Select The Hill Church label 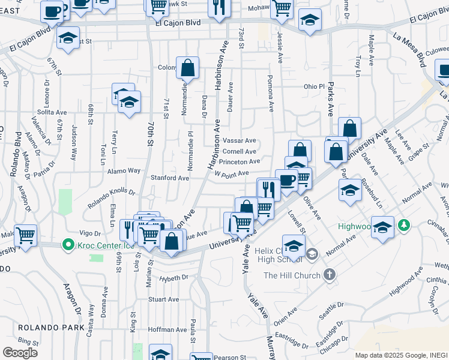tap(293, 275)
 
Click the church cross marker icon tap(328, 275)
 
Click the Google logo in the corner tap(20, 352)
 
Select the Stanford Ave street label tap(170, 178)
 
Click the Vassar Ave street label tap(239, 140)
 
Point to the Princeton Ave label tap(239, 161)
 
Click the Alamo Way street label tap(124, 171)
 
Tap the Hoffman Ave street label tap(167, 329)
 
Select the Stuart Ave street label tap(164, 299)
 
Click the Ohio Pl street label tap(313, 86)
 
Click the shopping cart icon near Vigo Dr tap(25, 235)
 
